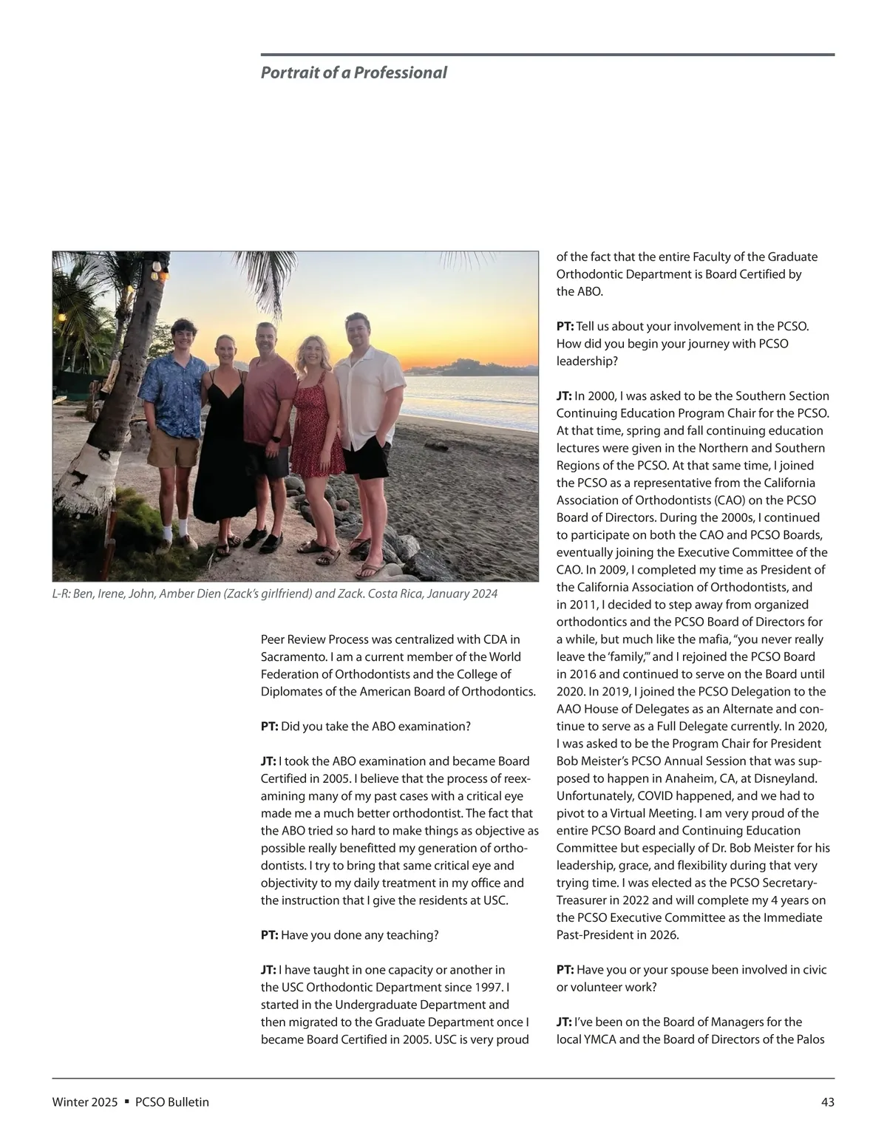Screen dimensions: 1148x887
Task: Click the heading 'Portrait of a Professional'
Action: (x=353, y=72)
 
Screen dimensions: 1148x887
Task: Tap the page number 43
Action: (x=827, y=1102)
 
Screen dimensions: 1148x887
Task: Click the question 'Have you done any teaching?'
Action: (x=359, y=935)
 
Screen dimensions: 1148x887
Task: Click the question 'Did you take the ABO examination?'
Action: (x=375, y=726)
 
